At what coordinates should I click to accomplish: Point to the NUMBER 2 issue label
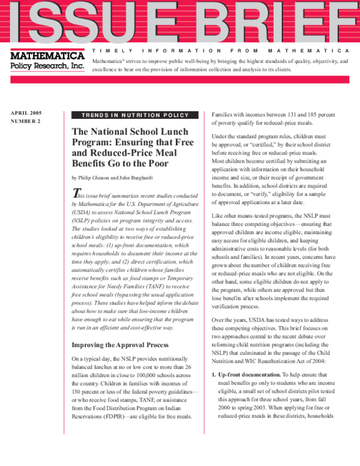click(x=26, y=121)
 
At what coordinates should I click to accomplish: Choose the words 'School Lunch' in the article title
click(x=158, y=132)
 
